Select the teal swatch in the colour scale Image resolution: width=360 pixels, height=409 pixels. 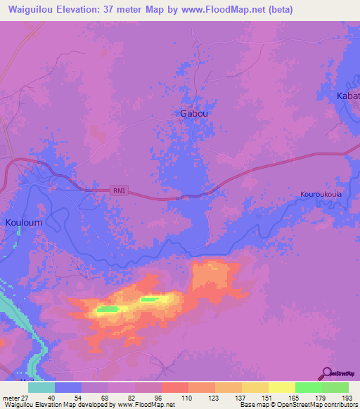point(41,387)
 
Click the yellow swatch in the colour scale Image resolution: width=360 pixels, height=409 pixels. point(281,387)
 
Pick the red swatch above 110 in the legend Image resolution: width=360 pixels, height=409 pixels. point(174,387)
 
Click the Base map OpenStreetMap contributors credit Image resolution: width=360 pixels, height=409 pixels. point(297,405)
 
